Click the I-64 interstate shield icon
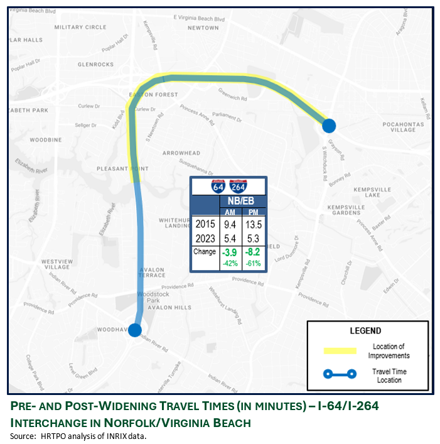point(218,186)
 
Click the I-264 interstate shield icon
point(239,186)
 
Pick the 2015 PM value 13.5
point(254,224)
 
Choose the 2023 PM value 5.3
point(254,239)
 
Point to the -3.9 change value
point(230,253)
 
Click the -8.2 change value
point(254,253)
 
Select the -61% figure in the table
point(254,264)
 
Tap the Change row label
point(205,252)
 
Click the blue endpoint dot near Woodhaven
point(135,330)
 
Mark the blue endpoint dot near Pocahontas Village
point(329,126)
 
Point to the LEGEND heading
point(366,331)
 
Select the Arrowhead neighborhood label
point(181,153)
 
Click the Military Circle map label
point(80,27)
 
